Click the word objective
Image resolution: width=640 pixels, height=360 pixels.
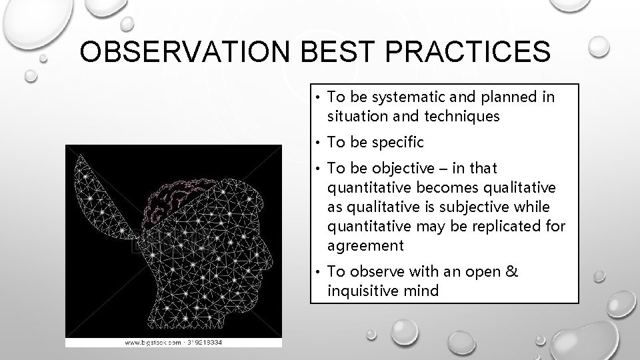point(399,168)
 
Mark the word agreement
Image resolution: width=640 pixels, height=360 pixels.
point(365,245)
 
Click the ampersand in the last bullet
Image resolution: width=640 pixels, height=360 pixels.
point(512,271)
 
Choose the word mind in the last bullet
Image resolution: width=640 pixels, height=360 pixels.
point(425,291)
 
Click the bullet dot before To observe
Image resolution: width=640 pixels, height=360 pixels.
point(319,272)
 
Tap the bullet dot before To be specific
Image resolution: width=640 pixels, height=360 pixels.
point(319,143)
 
